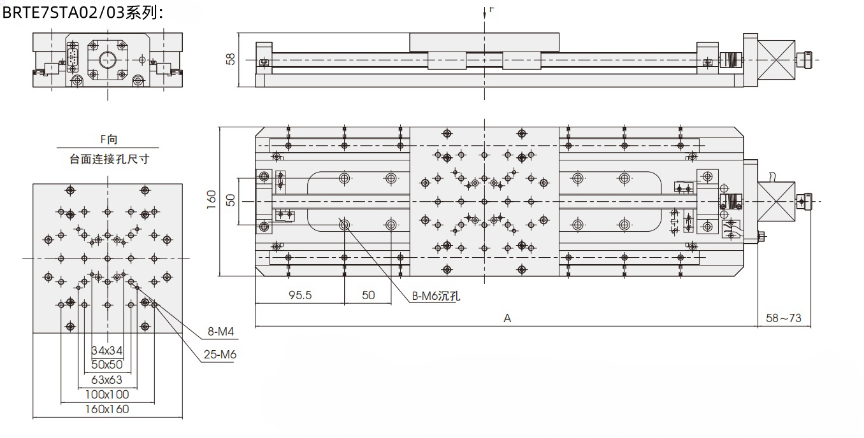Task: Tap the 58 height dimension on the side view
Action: point(230,59)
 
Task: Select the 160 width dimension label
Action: point(212,199)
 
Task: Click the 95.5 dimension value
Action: point(300,295)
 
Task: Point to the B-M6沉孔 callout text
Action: point(436,296)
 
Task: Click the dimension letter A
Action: point(507,318)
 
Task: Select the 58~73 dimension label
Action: point(783,318)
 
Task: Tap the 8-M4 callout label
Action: point(220,331)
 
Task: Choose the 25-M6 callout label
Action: point(220,355)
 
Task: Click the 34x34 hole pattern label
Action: point(107,351)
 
